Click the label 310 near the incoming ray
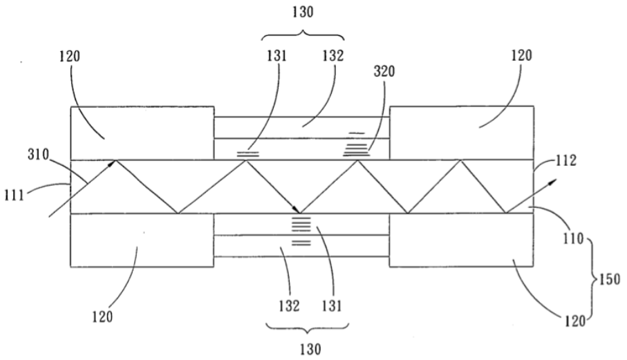(38, 154)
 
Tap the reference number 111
(15, 196)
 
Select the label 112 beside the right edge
(565, 160)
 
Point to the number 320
(384, 71)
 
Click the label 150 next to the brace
(609, 279)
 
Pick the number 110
(574, 239)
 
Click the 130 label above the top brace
(303, 12)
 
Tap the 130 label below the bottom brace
(310, 349)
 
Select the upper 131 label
(277, 56)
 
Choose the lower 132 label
(289, 306)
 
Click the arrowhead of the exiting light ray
(552, 182)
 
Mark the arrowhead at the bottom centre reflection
(296, 209)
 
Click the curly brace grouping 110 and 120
(592, 279)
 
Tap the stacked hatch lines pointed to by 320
(356, 144)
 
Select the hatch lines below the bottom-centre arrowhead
(301, 231)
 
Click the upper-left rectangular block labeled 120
(142, 133)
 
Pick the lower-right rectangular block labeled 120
(462, 240)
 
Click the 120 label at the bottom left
(102, 317)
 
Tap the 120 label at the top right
(522, 55)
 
